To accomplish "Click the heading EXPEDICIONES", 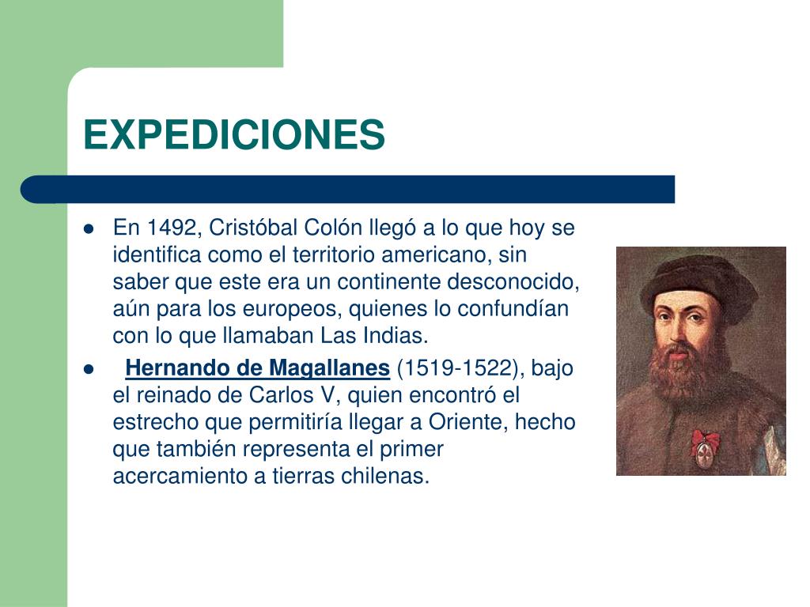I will [x=234, y=134].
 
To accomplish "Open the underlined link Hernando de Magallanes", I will [x=258, y=368].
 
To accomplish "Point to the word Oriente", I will [x=469, y=422].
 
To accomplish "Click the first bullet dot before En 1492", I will [x=89, y=230].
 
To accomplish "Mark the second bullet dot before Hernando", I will [x=89, y=369].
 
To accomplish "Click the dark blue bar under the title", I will [x=348, y=189].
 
